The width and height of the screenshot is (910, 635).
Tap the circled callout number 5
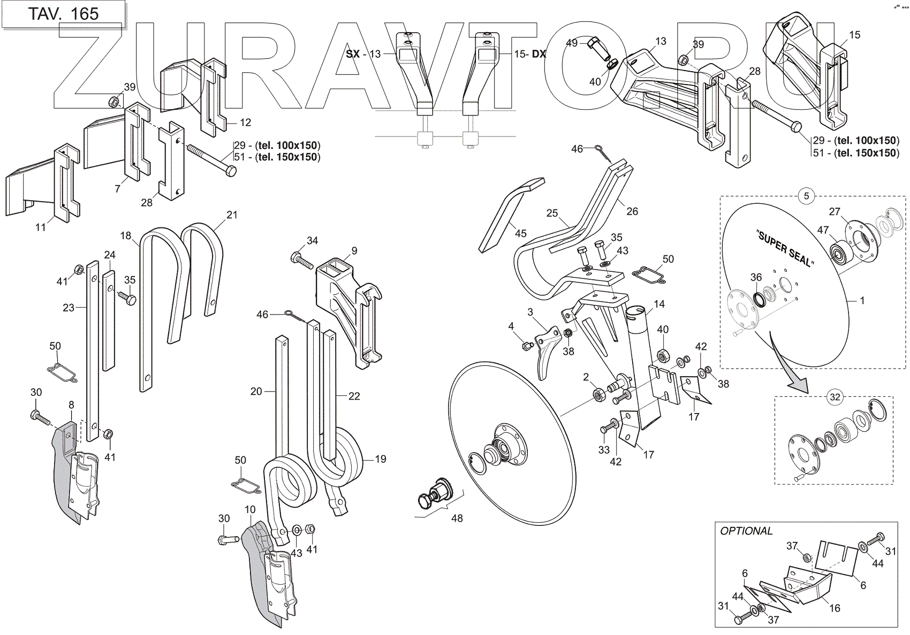(x=806, y=196)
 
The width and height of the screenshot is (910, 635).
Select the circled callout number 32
(x=835, y=397)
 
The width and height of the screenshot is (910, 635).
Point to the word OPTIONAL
(x=746, y=531)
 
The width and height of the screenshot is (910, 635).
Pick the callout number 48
(x=457, y=518)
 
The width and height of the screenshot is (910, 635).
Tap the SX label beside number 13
(x=353, y=54)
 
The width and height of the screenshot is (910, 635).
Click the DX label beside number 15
(x=539, y=54)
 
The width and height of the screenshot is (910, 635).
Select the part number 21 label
(x=231, y=215)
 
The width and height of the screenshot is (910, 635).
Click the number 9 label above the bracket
(x=354, y=250)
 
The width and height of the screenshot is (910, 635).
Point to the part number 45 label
(x=521, y=233)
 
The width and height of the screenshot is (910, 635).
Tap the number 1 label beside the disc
(x=862, y=301)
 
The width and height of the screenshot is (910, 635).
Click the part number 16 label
(x=835, y=608)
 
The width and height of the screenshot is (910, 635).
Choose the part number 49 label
(x=572, y=43)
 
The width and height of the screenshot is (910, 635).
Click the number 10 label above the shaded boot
(x=250, y=509)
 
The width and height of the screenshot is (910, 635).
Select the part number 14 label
(x=659, y=304)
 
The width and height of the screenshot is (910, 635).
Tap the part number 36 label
(x=756, y=277)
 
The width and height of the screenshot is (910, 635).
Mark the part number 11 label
(x=41, y=227)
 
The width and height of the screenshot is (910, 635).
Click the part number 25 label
(x=552, y=213)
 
